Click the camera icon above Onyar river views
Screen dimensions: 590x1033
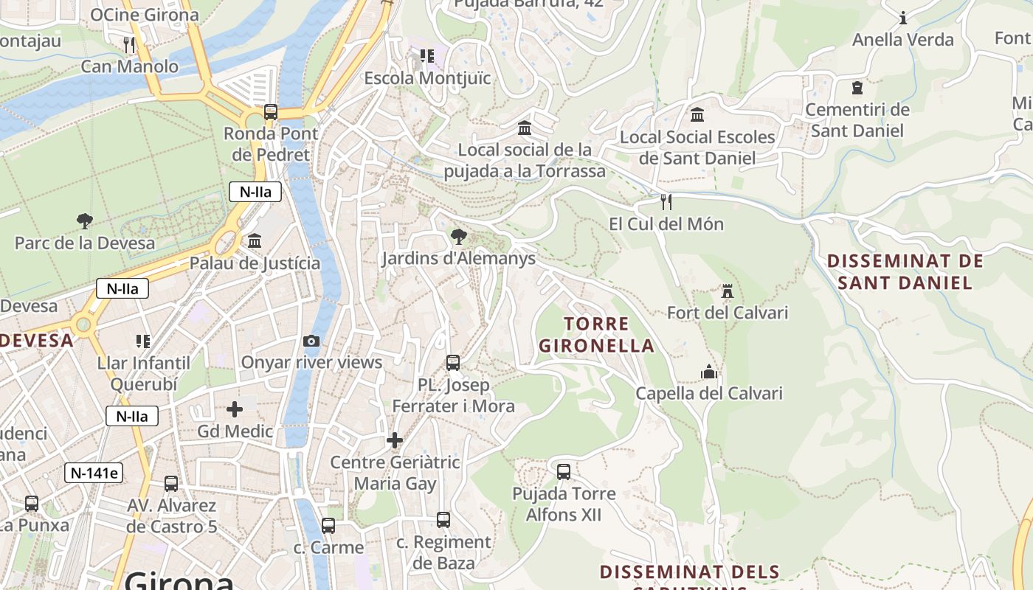311,341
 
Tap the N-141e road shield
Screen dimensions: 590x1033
94,473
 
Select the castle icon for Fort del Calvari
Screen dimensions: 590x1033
728,291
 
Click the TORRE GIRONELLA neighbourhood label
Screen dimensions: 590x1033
596,335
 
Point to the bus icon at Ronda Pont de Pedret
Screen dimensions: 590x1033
271,112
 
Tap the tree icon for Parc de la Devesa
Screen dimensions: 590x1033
85,221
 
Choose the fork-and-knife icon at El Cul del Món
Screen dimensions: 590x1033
666,201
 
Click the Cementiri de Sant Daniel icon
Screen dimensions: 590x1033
857,88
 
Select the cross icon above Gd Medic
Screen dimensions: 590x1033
235,409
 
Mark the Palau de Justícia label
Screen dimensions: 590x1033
255,263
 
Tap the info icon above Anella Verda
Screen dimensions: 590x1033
903,18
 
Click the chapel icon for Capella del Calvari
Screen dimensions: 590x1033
709,372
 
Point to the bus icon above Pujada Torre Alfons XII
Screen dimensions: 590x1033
564,471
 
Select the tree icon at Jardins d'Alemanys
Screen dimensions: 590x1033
459,237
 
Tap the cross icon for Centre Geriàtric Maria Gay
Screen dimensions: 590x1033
395,440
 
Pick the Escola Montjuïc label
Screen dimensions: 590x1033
427,78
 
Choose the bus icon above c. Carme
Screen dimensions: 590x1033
328,526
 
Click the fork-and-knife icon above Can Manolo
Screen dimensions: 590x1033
130,44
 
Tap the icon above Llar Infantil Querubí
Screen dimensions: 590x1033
143,341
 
